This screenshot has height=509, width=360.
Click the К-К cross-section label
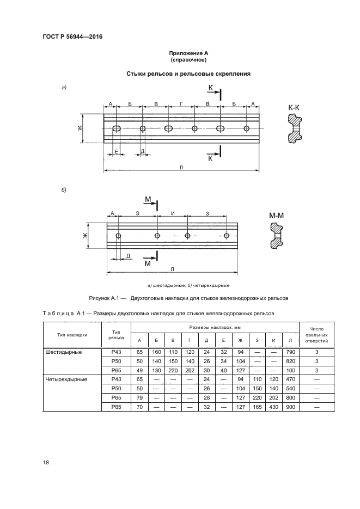[294, 108]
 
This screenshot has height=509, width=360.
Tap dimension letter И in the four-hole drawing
[172, 213]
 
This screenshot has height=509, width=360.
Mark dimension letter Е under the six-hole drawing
[115, 152]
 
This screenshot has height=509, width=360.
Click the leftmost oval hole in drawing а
[116, 128]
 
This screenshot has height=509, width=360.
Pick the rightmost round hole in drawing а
[247, 128]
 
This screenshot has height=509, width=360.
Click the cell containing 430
[274, 407]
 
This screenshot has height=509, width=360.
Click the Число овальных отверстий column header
[316, 335]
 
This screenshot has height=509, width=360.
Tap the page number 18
[46, 462]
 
